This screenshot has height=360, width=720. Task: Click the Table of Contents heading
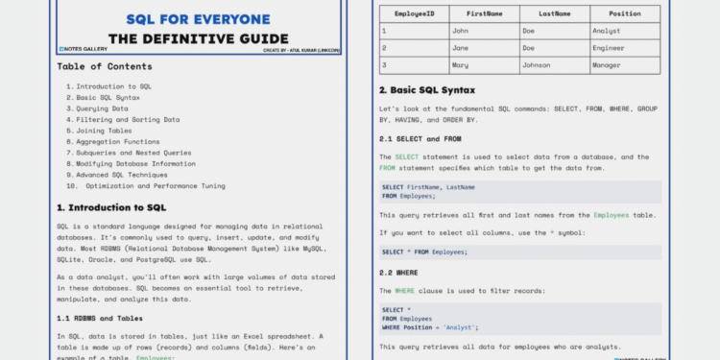104,66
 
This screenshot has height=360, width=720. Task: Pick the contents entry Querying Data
104,108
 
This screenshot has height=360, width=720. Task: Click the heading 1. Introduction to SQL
111,207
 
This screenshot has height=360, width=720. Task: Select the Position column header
624,14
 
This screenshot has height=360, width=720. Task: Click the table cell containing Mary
460,65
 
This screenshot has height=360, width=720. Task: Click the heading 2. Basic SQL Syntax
440,90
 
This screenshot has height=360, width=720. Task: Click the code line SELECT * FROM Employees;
424,252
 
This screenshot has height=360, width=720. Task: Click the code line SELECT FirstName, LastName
427,186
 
